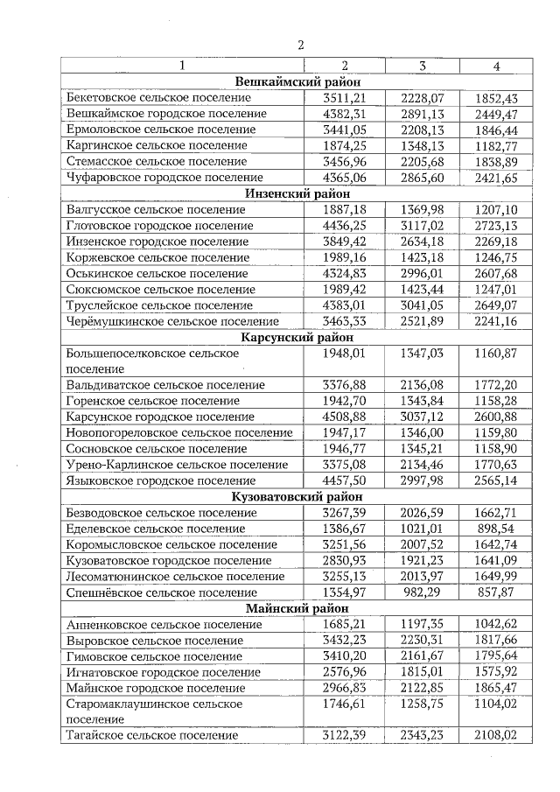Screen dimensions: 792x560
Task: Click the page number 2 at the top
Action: click(299, 46)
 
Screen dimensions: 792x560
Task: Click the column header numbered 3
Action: click(422, 66)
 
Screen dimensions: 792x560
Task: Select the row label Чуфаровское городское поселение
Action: click(165, 178)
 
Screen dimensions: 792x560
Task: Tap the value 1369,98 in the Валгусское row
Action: click(423, 210)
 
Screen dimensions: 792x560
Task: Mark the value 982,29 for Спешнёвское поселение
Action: click(423, 592)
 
